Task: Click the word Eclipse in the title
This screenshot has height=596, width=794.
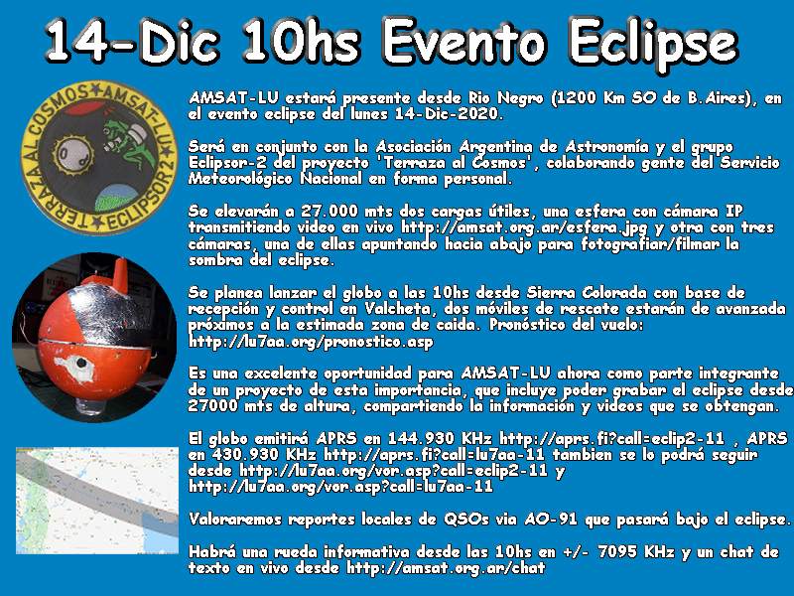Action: tap(653, 44)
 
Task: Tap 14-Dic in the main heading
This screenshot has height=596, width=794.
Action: tap(133, 41)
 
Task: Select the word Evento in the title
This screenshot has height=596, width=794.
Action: tap(463, 41)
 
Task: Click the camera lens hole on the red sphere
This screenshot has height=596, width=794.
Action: tap(79, 363)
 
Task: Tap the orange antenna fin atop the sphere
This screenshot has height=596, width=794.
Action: tap(120, 276)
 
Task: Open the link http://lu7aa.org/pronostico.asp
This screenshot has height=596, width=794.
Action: tap(311, 342)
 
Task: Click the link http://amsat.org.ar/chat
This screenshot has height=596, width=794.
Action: tap(446, 567)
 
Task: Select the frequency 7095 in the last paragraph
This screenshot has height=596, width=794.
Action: tap(616, 551)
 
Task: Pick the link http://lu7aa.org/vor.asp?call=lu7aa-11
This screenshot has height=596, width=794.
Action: tap(340, 487)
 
